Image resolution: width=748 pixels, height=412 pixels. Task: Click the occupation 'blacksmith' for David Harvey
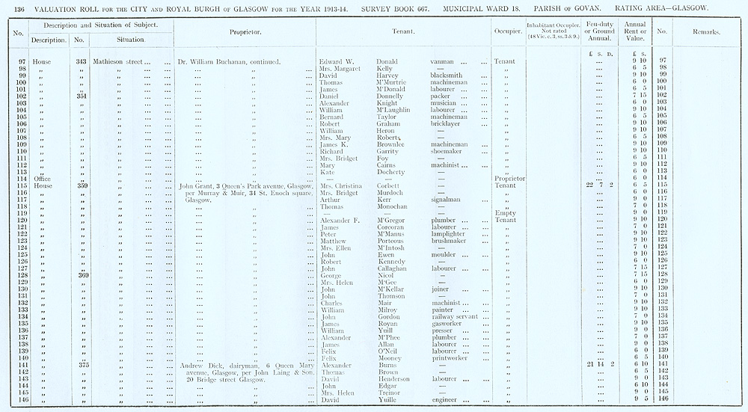click(x=446, y=76)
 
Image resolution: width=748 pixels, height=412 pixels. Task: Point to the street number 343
click(x=81, y=61)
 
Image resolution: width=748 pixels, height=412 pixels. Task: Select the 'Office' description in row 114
click(x=41, y=179)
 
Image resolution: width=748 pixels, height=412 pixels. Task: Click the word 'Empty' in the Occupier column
click(x=506, y=213)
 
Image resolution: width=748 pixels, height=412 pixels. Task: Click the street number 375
click(x=81, y=365)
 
